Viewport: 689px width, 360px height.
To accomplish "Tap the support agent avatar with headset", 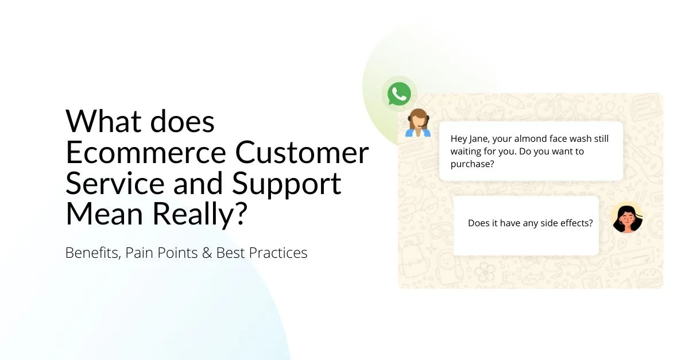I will [418, 123].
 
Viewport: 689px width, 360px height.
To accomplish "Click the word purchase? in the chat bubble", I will [473, 164].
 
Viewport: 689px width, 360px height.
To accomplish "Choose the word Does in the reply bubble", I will [478, 223].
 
